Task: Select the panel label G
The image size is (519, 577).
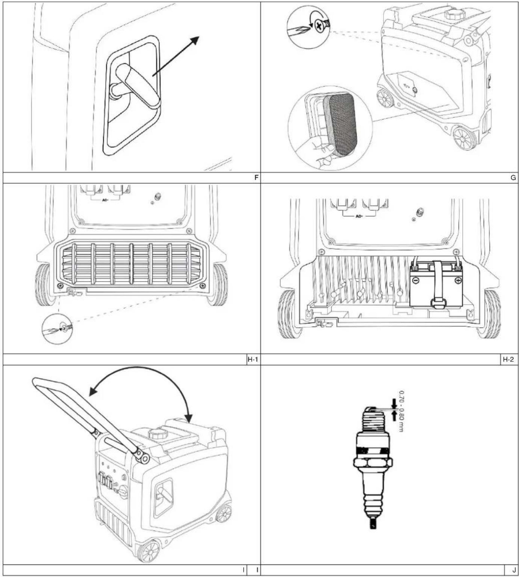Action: coord(513,178)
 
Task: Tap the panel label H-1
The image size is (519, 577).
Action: coord(253,359)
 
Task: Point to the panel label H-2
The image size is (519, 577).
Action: coord(508,359)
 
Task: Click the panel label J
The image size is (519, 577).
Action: coord(514,570)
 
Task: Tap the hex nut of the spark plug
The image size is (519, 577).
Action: coord(372,463)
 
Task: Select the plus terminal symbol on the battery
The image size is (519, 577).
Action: coord(458,280)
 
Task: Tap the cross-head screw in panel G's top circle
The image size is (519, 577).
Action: coord(319,26)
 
